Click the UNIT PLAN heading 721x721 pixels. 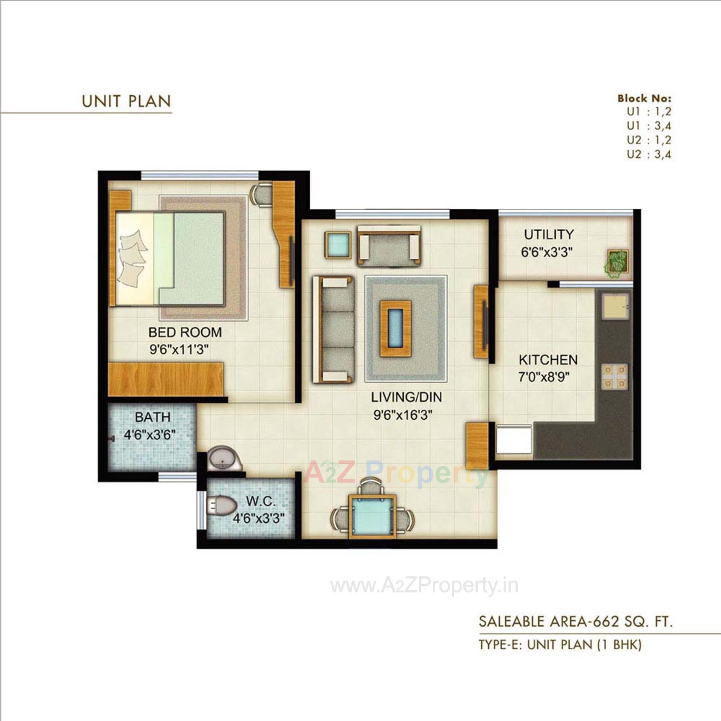pyautogui.click(x=126, y=101)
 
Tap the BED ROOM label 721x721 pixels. pyautogui.click(x=185, y=332)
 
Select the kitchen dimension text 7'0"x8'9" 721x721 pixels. pyautogui.click(x=544, y=377)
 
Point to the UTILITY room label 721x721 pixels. pyautogui.click(x=549, y=235)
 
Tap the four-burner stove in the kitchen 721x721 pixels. pyautogui.click(x=615, y=376)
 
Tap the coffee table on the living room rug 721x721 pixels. pyautogui.click(x=395, y=329)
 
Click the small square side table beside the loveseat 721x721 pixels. pyautogui.click(x=338, y=244)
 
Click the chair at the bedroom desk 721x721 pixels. pyautogui.click(x=261, y=194)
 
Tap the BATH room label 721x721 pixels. pyautogui.click(x=152, y=417)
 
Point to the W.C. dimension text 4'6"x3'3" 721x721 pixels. pyautogui.click(x=258, y=519)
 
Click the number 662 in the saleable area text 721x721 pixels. pyautogui.click(x=604, y=621)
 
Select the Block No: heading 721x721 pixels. pyautogui.click(x=644, y=98)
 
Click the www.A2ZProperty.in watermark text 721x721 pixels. pyautogui.click(x=424, y=586)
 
